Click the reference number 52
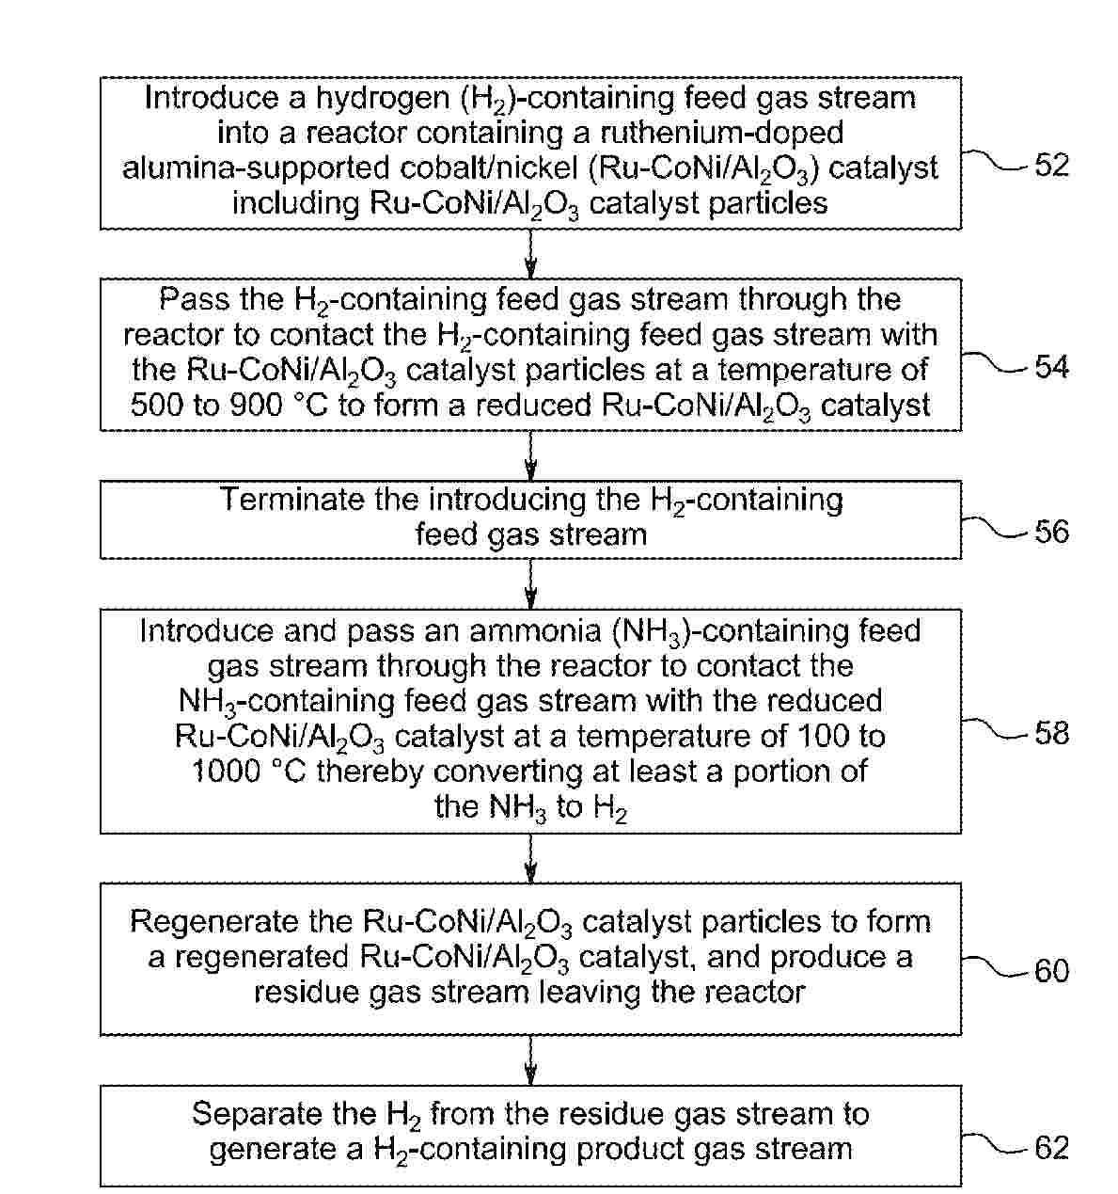coord(1051,166)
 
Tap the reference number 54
coord(1051,367)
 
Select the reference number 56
coord(1051,533)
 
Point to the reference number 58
coord(1051,733)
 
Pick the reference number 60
coord(1051,970)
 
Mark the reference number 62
coord(1051,1148)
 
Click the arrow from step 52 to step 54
coord(530,253)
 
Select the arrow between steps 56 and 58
coord(530,583)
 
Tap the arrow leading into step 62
coord(530,1060)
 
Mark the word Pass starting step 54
coord(188,299)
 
